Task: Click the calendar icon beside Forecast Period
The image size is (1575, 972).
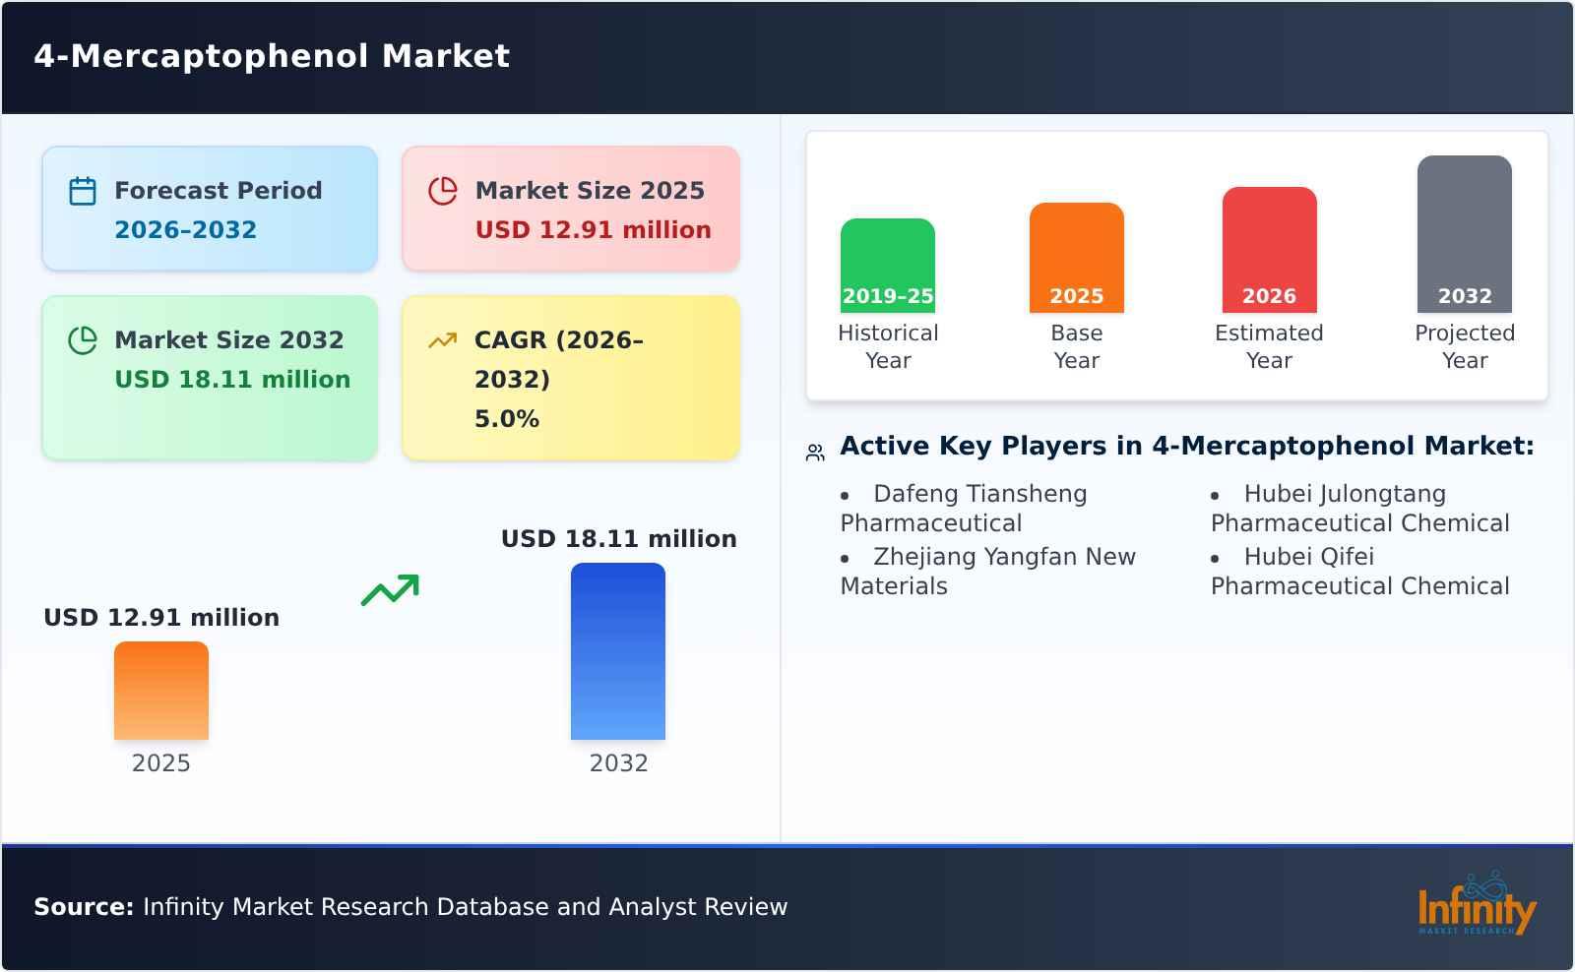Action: (x=83, y=191)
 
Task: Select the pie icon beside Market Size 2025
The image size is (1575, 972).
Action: (x=443, y=191)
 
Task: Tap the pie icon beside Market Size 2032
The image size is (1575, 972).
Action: (x=83, y=340)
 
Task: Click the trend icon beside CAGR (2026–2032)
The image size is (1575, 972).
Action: (x=443, y=340)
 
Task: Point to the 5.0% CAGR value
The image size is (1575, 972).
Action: (x=506, y=419)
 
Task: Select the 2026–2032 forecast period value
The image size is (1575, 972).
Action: (x=185, y=230)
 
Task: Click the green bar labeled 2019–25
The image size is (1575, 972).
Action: (x=887, y=265)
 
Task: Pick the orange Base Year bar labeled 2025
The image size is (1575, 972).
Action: (x=1076, y=257)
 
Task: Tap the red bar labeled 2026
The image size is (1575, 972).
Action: (x=1269, y=249)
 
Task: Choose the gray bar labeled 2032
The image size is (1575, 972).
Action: (x=1464, y=233)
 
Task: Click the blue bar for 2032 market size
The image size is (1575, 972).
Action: (x=618, y=650)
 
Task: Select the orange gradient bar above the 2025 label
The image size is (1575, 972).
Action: (x=161, y=690)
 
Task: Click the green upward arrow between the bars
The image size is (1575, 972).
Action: (x=390, y=590)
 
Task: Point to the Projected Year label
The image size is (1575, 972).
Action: (x=1464, y=346)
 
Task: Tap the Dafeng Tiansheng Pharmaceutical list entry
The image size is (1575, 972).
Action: (x=964, y=508)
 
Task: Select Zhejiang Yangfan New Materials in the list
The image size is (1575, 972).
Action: (x=987, y=571)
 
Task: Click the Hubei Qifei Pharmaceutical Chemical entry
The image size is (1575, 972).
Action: (x=1359, y=571)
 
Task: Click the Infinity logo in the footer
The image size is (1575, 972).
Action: (x=1476, y=904)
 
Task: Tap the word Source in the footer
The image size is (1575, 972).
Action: (x=83, y=907)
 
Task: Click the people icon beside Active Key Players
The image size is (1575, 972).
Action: (x=815, y=453)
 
